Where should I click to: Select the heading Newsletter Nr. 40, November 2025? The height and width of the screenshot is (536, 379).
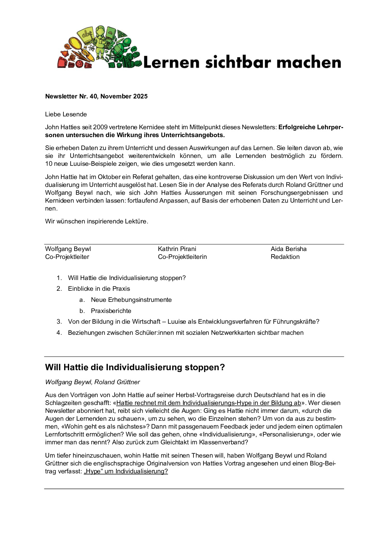coord(96,96)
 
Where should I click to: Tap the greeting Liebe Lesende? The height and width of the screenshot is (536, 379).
coord(66,114)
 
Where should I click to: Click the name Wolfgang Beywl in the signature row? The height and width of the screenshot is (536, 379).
coord(68,249)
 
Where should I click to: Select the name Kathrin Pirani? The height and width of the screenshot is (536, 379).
coord(177,249)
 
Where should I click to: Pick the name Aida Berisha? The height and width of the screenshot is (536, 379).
coord(288,249)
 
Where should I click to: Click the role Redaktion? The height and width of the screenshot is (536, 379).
coord(285,257)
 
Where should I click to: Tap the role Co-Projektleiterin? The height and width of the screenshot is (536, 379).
coord(182,257)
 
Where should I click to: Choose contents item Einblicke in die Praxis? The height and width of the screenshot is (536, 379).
coord(99,289)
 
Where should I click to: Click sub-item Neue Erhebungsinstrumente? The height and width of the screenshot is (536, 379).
coord(131,300)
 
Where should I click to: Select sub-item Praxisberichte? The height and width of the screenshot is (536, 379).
coord(111,311)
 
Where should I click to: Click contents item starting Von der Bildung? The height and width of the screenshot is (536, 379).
coord(193,322)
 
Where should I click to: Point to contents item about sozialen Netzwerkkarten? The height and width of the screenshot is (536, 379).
coord(186,333)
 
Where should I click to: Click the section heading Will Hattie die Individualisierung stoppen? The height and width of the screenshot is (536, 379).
coord(135,367)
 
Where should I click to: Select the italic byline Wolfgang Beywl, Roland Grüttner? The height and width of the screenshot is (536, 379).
coord(92,382)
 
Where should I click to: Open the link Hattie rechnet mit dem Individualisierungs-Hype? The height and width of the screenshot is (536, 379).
coord(208,403)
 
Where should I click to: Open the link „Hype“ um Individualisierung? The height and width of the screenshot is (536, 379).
coord(126,471)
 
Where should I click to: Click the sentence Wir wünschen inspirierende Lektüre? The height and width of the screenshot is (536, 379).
coord(96,221)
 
